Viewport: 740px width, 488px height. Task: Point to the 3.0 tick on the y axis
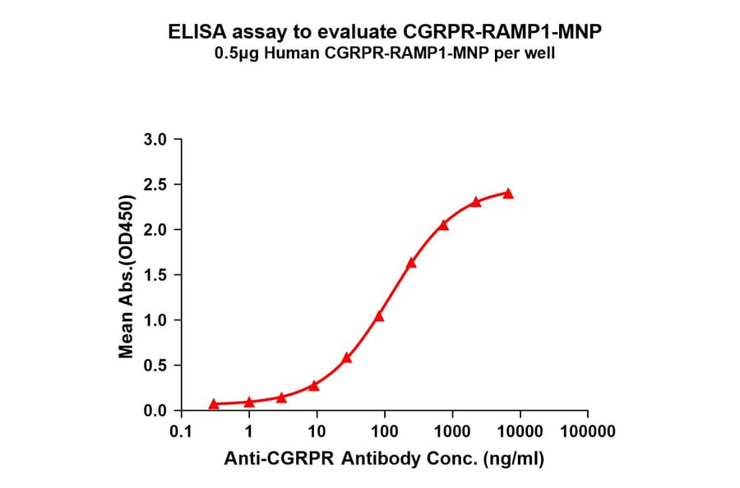155,140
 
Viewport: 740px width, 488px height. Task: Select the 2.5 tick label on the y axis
155,185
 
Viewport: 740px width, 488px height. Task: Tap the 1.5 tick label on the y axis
155,275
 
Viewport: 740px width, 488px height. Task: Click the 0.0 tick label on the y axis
155,410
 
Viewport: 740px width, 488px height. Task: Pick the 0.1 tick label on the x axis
182,430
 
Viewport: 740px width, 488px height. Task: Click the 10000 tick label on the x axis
519,430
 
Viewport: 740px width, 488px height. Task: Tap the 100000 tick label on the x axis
586,430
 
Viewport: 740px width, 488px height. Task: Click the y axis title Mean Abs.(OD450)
127,276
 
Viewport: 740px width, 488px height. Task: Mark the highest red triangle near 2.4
508,194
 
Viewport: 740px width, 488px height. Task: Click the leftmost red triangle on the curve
214,403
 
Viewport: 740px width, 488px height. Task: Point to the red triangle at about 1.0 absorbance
379,316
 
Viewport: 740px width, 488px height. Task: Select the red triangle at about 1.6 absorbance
411,263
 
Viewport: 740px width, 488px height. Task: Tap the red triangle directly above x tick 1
249,402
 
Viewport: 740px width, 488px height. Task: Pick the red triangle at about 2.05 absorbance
443,225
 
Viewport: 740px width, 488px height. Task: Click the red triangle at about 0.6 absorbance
347,357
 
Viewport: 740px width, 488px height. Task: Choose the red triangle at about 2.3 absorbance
476,201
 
